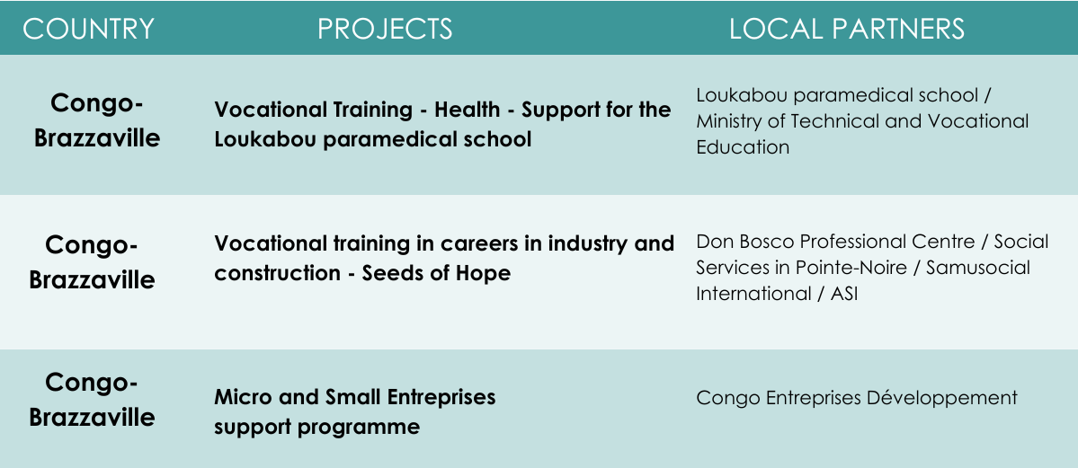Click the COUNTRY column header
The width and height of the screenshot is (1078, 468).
point(88,29)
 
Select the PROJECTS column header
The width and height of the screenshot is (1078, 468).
point(385,29)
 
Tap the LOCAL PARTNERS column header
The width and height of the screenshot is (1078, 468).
point(847,29)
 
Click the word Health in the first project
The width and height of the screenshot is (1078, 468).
point(467,110)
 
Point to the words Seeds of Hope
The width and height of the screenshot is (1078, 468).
point(437,273)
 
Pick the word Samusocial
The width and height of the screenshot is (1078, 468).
point(978,268)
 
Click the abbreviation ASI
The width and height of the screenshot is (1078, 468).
point(844,294)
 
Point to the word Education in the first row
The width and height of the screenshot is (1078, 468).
point(743,147)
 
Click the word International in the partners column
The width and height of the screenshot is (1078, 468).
point(753,294)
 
